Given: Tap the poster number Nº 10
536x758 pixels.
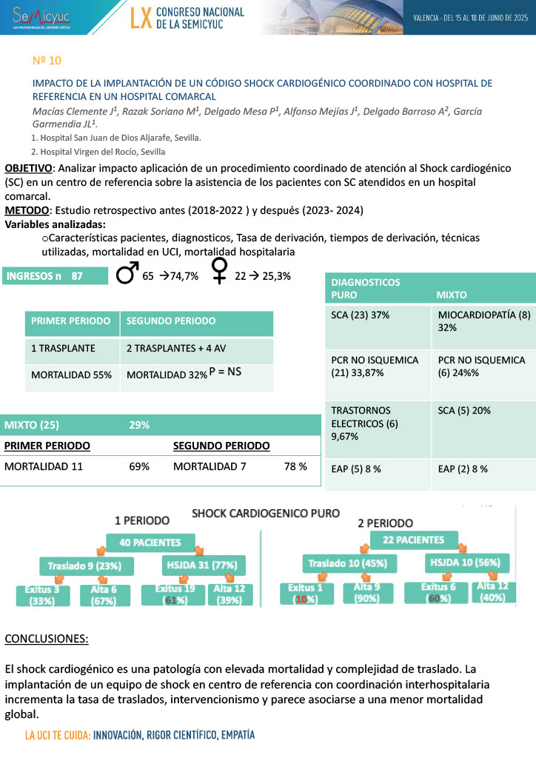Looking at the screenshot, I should (x=48, y=59).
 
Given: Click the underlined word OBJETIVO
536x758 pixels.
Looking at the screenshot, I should (x=28, y=168).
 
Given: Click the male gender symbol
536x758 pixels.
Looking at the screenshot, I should (x=127, y=275).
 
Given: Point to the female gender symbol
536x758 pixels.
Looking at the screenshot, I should (x=219, y=275).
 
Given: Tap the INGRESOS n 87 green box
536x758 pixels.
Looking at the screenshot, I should (x=45, y=276).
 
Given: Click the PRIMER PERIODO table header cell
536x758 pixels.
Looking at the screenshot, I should (x=71, y=321).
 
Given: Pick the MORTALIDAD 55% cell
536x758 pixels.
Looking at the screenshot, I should (x=71, y=375).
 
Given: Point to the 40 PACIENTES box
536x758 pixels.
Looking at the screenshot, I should (x=150, y=543).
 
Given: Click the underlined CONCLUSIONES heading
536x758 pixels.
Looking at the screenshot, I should (x=46, y=638).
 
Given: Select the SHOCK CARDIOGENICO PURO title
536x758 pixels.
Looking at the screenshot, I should (x=266, y=513).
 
